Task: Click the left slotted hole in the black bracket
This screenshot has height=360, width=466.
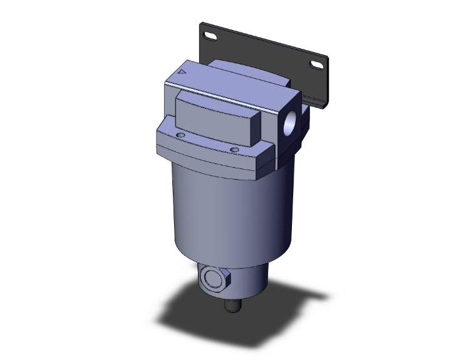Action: [209, 36]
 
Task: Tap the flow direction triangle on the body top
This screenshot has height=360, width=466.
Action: [183, 72]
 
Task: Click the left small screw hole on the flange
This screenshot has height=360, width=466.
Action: [181, 135]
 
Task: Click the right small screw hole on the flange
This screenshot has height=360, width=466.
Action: [234, 149]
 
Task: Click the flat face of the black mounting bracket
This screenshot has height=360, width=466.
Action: [263, 50]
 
